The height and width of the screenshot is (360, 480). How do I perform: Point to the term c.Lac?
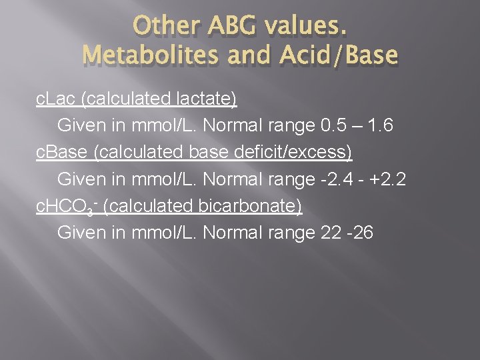click(x=55, y=99)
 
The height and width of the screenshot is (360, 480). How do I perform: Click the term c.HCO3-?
click(x=67, y=206)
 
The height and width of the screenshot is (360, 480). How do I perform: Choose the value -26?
click(x=361, y=233)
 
